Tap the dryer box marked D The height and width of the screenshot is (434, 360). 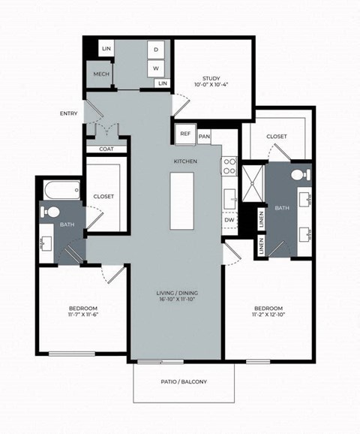coord(157,50)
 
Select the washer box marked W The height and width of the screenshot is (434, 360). coord(157,68)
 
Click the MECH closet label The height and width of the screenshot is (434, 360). coord(100,75)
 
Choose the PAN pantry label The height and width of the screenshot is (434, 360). coord(205,135)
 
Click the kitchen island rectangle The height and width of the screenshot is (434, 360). coord(181,201)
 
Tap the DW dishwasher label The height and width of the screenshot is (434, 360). coord(229,220)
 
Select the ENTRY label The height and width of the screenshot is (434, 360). coord(69,113)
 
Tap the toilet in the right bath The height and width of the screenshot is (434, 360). coord(299,175)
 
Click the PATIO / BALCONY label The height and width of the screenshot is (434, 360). coord(184,382)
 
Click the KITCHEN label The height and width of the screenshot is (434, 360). coord(185,161)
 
